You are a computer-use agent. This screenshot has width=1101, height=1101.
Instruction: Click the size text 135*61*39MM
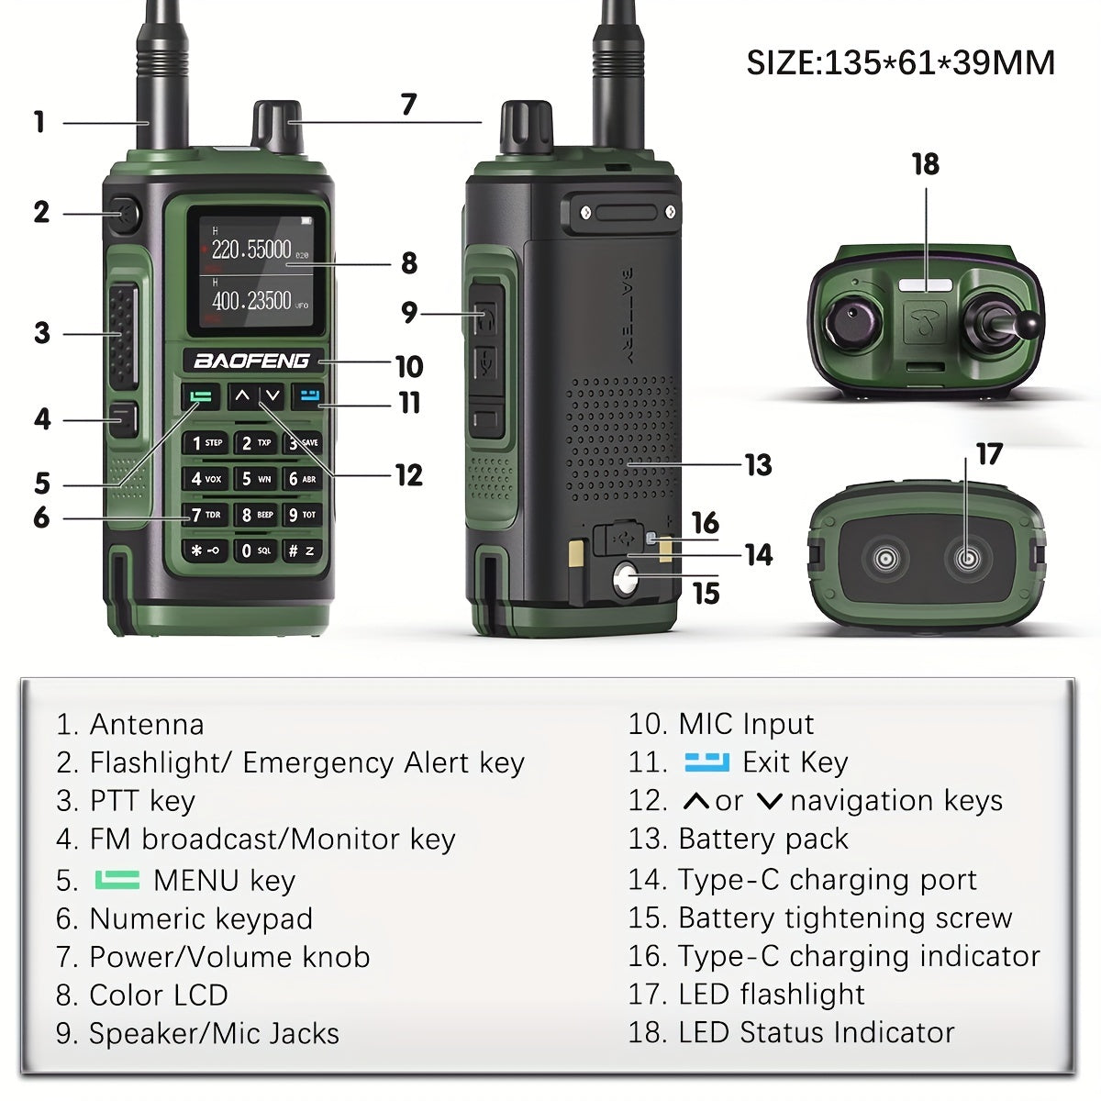[900, 62]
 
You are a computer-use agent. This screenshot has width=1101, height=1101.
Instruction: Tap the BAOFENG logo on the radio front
[251, 361]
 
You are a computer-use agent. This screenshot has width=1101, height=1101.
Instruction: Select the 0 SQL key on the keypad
[254, 550]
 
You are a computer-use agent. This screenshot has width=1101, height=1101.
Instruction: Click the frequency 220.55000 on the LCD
[251, 250]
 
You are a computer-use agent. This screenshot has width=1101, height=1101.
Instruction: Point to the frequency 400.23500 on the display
[251, 301]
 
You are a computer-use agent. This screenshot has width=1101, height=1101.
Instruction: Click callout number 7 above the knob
[408, 106]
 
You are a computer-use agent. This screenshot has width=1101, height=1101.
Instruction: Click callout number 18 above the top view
[925, 164]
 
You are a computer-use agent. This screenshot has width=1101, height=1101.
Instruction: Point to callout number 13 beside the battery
[758, 465]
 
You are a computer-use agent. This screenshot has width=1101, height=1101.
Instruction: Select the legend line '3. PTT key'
[126, 801]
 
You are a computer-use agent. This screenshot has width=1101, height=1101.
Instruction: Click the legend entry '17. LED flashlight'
[746, 994]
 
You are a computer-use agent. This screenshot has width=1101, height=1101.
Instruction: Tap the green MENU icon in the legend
[117, 880]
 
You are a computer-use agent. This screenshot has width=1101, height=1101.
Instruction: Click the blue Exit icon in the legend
[706, 762]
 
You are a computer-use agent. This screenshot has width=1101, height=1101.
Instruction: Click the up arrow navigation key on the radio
[241, 396]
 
